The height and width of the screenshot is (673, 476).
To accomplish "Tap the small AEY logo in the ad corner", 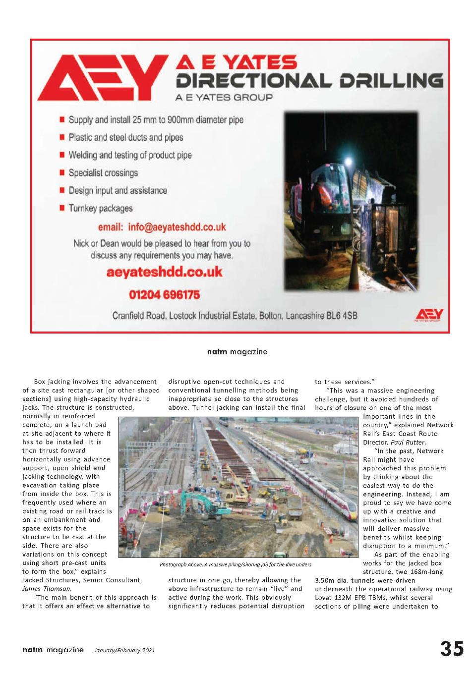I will [x=429, y=315].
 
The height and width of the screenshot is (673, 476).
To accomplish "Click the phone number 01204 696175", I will [x=164, y=295].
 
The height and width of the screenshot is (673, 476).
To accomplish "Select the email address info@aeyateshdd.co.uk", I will [x=162, y=227].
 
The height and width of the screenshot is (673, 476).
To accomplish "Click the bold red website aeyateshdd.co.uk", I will [x=164, y=272].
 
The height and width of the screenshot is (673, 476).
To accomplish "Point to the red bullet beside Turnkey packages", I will [x=62, y=208].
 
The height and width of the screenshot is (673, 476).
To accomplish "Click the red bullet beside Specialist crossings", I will [x=62, y=172].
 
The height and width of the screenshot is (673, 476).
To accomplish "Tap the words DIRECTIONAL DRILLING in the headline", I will [x=309, y=80].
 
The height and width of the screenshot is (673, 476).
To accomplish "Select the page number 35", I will [x=452, y=649].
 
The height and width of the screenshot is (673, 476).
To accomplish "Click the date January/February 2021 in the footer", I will [x=124, y=650].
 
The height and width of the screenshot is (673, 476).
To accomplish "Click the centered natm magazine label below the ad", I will [x=237, y=352].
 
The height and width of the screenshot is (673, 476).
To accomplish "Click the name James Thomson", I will [x=46, y=589].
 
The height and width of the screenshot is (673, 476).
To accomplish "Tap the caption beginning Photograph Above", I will [x=235, y=564].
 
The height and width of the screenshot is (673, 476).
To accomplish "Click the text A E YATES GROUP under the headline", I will [x=224, y=97].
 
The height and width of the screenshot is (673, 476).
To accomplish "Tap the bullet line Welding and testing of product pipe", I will [x=130, y=155].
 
